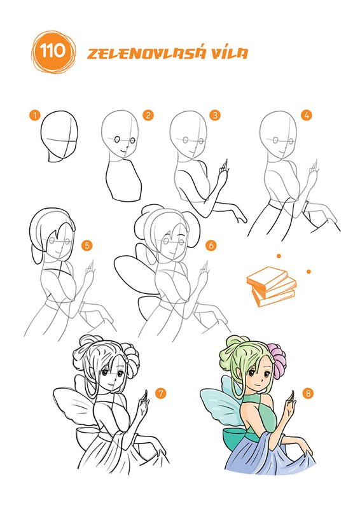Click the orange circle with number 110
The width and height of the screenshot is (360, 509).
click(x=53, y=52)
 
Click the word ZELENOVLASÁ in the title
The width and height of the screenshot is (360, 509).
click(x=146, y=53)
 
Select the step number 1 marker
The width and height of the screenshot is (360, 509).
click(x=34, y=115)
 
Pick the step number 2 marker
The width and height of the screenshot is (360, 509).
click(x=148, y=115)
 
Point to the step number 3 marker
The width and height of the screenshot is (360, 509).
click(x=215, y=115)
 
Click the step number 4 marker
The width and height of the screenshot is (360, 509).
click(x=306, y=115)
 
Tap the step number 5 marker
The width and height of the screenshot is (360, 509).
click(x=87, y=246)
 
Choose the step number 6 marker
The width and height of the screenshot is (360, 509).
click(x=211, y=246)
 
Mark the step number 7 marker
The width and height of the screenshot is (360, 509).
click(x=161, y=394)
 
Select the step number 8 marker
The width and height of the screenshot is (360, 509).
click(x=308, y=394)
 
